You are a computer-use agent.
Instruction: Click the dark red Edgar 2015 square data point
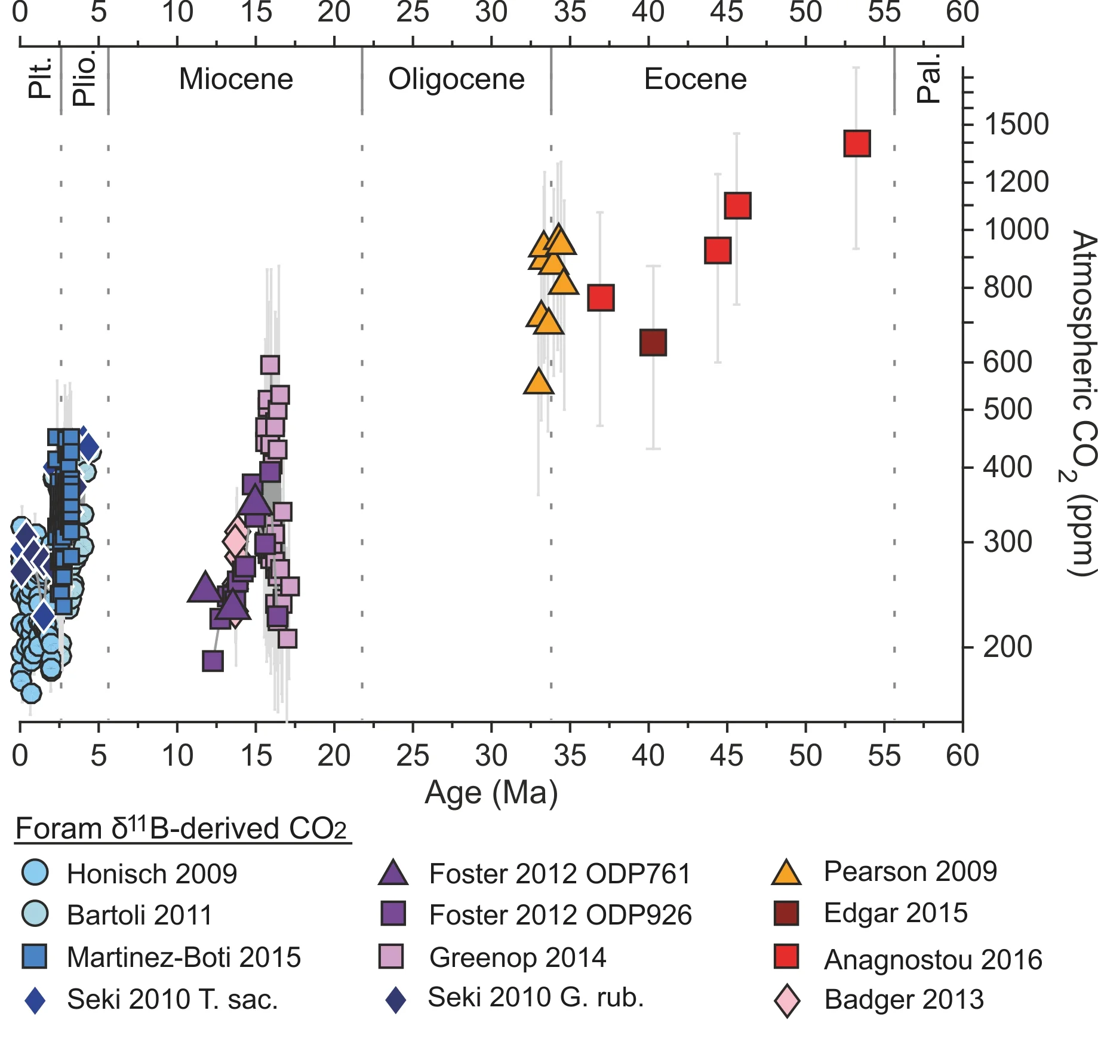tap(653, 343)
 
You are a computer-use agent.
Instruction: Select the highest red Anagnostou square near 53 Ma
tap(857, 143)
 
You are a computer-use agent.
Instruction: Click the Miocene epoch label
tap(236, 79)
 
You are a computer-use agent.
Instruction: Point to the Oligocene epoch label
tap(456, 79)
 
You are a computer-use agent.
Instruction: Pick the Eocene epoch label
tap(695, 79)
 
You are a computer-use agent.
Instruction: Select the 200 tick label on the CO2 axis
tap(1007, 647)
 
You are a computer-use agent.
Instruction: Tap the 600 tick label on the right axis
tap(1007, 362)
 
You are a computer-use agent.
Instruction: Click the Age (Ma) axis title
tap(491, 793)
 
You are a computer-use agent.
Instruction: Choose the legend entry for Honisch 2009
tap(152, 874)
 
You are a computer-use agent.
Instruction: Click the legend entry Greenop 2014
tap(517, 957)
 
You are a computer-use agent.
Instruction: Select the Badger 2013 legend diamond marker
tap(787, 1000)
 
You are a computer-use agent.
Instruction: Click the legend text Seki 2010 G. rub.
tap(536, 997)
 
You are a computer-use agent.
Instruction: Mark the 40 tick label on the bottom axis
tap(648, 756)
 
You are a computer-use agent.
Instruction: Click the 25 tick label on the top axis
tap(413, 13)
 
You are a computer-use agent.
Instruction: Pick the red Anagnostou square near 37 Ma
tap(601, 297)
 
